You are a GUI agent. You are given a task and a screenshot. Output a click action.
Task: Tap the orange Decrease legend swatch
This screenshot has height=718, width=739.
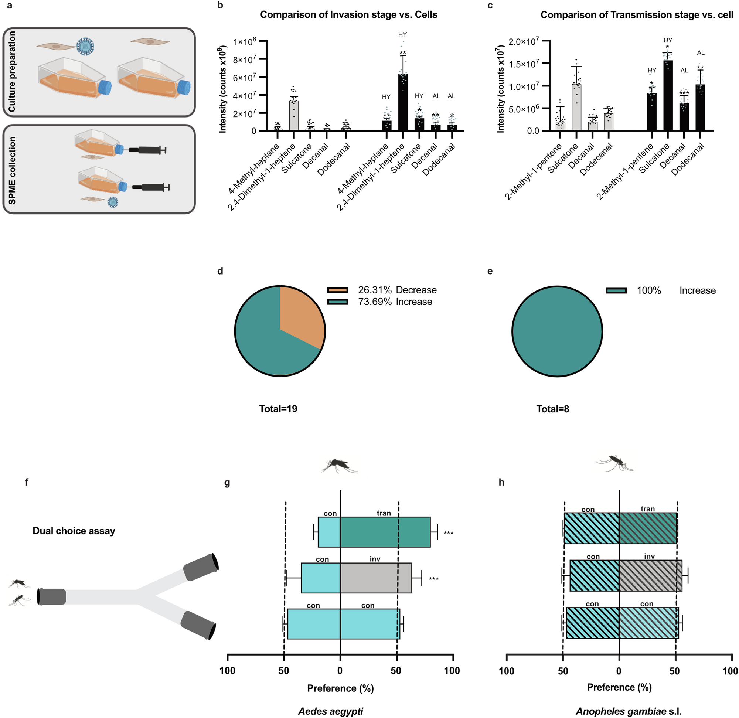(x=337, y=290)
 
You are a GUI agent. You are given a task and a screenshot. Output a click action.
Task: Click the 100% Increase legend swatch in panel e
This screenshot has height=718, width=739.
(x=616, y=290)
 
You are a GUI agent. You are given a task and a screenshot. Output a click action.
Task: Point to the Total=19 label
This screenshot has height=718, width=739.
(x=278, y=409)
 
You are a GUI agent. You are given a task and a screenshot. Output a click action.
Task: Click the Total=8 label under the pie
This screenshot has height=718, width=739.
(x=553, y=409)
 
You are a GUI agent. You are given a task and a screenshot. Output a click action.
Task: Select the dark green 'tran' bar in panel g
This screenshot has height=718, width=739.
(x=385, y=532)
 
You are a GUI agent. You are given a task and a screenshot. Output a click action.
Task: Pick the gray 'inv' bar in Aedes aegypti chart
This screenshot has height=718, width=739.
(x=375, y=578)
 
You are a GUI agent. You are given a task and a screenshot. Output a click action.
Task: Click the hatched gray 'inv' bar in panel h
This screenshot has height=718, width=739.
(x=650, y=575)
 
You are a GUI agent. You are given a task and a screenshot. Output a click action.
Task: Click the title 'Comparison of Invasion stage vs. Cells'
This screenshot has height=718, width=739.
(x=349, y=15)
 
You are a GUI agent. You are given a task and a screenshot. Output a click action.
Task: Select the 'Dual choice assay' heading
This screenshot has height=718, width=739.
(x=74, y=531)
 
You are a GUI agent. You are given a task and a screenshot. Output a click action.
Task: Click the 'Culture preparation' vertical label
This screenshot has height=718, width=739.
(x=12, y=72)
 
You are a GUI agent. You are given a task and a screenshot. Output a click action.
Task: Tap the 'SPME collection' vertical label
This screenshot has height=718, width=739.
(x=12, y=170)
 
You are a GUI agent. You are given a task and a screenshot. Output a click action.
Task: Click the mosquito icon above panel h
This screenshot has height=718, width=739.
(x=614, y=463)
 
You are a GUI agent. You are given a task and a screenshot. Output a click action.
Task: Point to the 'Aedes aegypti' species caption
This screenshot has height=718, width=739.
(x=331, y=711)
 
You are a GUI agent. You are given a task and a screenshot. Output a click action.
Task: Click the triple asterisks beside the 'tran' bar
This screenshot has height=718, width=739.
(x=448, y=533)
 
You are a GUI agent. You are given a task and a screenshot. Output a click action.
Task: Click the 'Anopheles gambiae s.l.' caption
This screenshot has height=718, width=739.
(x=629, y=711)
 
